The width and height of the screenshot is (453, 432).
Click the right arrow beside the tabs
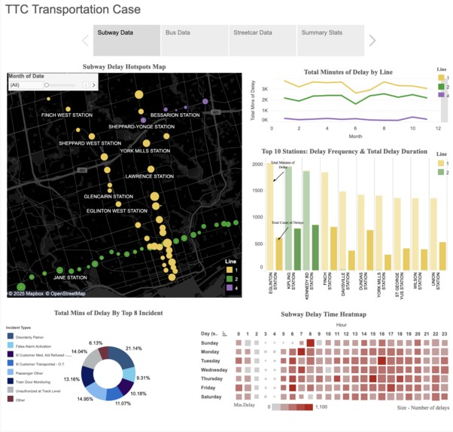click(x=372, y=41)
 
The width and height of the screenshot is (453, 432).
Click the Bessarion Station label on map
click(x=175, y=115)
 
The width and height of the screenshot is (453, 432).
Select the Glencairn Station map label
click(x=108, y=197)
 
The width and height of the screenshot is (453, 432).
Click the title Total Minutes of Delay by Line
click(x=349, y=72)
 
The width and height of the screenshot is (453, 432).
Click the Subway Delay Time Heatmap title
click(x=324, y=314)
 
